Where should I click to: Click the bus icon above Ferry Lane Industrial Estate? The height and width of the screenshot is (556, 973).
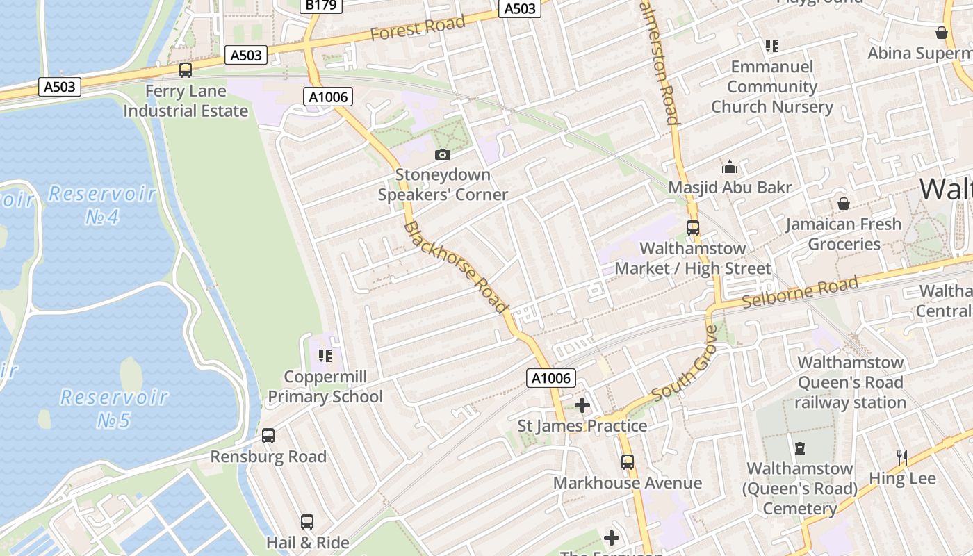click(x=186, y=69)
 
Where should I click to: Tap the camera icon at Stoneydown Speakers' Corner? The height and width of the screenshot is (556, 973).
click(x=443, y=154)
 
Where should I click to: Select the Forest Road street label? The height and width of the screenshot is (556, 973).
click(x=417, y=28)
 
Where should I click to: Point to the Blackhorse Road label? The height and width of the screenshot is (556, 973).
click(x=455, y=266)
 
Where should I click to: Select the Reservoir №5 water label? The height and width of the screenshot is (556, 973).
click(x=113, y=408)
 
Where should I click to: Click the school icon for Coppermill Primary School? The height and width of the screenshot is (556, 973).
click(x=325, y=356)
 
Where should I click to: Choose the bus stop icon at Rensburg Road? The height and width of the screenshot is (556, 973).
click(x=268, y=436)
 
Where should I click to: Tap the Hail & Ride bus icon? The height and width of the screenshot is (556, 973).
click(x=307, y=522)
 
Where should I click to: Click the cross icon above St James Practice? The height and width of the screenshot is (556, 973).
click(x=582, y=405)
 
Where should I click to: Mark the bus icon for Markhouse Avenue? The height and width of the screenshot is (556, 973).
click(x=628, y=462)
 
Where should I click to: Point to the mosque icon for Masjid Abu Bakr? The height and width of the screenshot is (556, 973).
click(x=730, y=167)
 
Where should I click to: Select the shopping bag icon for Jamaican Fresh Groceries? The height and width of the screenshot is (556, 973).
click(x=844, y=204)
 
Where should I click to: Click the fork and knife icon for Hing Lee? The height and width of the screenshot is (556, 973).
click(x=902, y=457)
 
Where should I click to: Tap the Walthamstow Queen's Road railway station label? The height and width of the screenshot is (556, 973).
click(x=850, y=382)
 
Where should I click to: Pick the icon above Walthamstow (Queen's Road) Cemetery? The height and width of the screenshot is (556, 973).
click(x=800, y=448)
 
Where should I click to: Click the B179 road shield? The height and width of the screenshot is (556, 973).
click(x=320, y=6)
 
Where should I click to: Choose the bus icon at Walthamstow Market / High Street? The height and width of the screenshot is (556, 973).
click(x=692, y=227)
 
